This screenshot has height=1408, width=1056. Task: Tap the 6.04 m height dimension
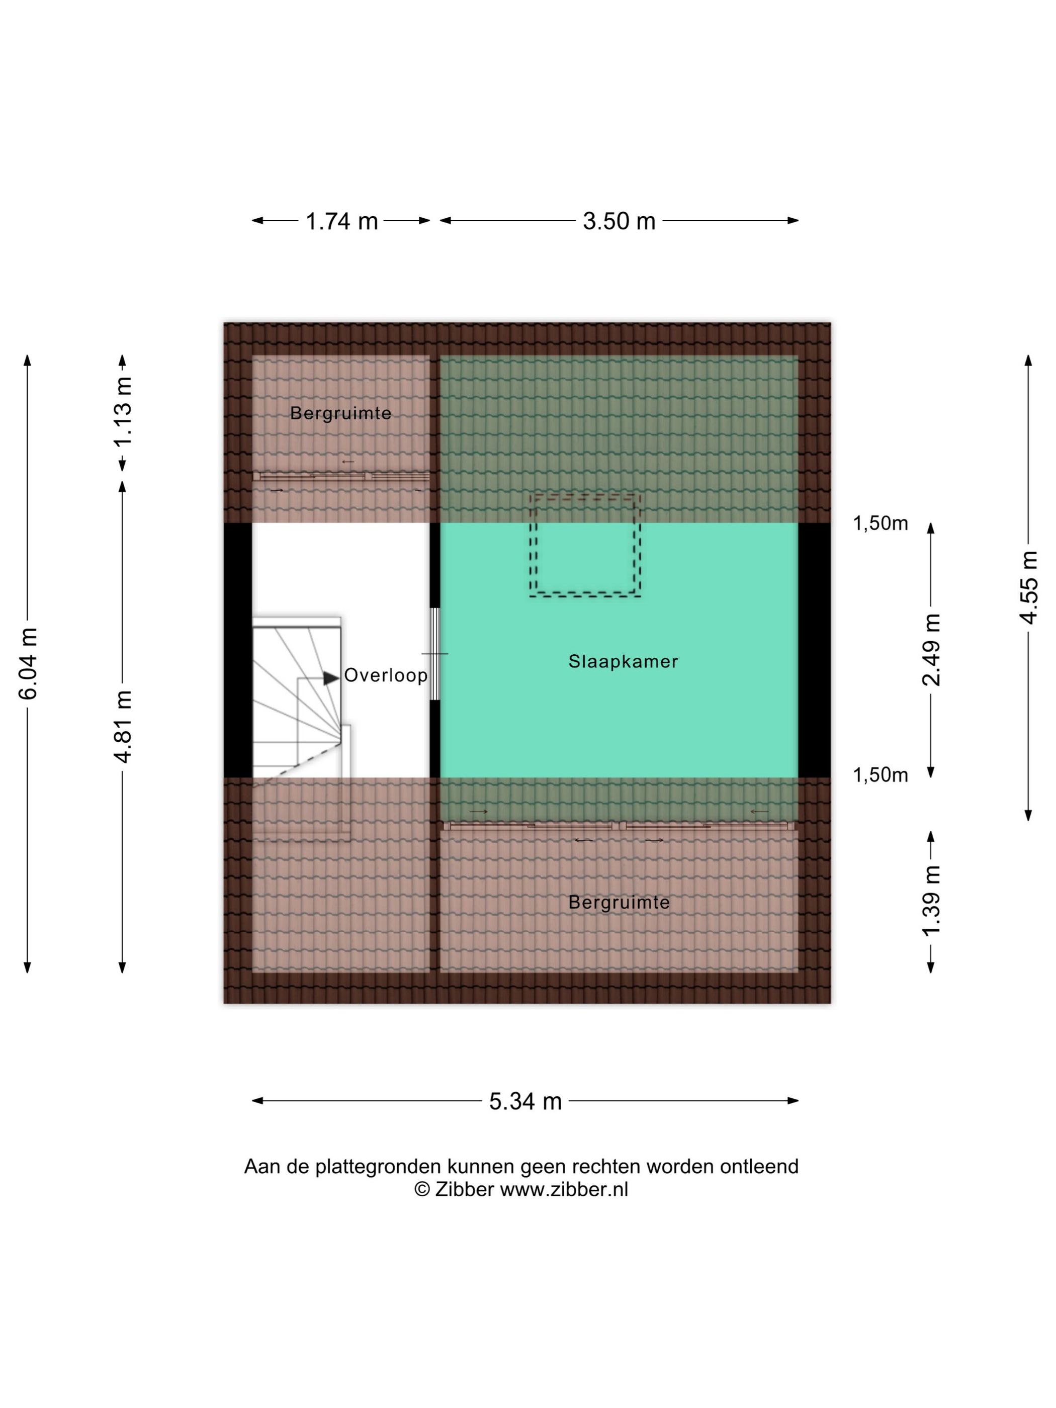click(29, 663)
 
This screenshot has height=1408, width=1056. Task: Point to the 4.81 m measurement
click(122, 726)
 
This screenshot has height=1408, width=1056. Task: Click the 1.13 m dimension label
click(122, 412)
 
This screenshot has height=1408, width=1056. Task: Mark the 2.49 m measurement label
click(931, 650)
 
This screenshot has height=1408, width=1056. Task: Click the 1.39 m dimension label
click(931, 901)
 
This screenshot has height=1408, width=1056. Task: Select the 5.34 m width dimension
click(525, 1101)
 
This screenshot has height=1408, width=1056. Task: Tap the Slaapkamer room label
click(623, 661)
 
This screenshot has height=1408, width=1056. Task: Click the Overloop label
click(386, 675)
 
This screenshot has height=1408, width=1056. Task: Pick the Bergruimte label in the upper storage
click(340, 414)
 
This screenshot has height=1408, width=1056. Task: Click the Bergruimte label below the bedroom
click(619, 903)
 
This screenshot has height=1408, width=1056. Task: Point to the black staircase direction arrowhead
click(331, 678)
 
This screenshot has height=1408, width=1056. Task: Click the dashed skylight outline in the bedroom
click(585, 496)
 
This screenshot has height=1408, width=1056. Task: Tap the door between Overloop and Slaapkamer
click(435, 654)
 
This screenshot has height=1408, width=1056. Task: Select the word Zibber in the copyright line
click(464, 1190)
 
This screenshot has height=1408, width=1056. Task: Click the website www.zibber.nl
click(564, 1190)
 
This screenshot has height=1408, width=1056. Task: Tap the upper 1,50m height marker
click(881, 523)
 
